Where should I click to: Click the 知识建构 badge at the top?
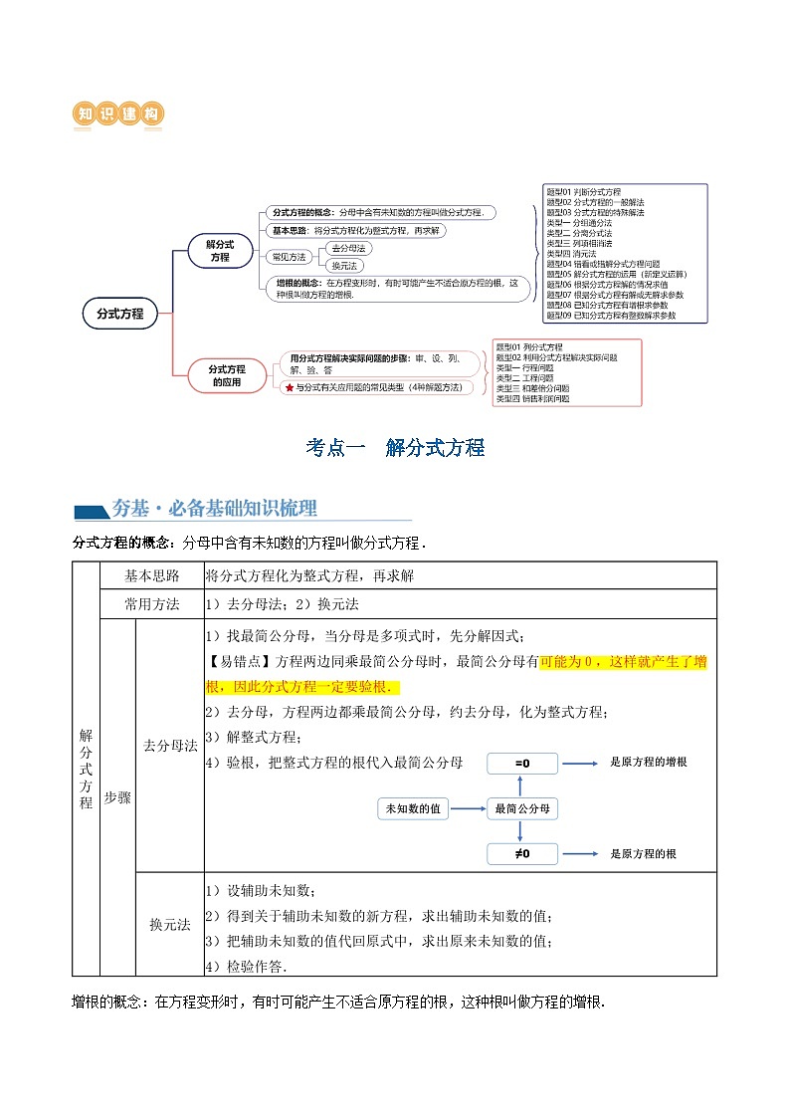click(x=119, y=114)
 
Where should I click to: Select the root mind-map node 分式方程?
click(x=119, y=313)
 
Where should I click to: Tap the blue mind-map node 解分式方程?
click(x=219, y=251)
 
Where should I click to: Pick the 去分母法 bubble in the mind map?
click(x=347, y=248)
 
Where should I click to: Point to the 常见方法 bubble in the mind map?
click(x=290, y=257)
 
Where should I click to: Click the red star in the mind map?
click(x=289, y=387)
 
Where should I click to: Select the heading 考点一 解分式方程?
click(x=395, y=448)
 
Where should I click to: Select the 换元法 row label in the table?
click(x=168, y=924)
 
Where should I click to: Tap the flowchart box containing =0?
click(x=522, y=763)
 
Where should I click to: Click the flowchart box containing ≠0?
click(x=522, y=853)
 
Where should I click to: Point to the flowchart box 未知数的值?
click(x=413, y=808)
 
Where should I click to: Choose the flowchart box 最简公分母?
click(x=522, y=808)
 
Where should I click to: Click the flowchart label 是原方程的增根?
click(x=648, y=762)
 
